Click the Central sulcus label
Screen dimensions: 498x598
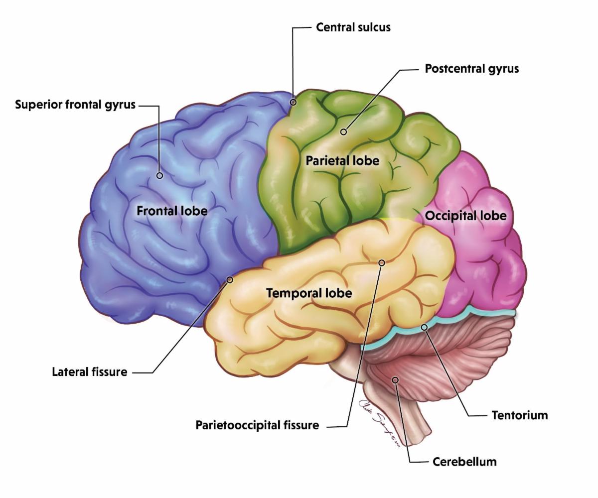[353, 27]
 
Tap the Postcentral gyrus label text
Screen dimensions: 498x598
[471, 69]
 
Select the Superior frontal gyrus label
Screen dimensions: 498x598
[75, 105]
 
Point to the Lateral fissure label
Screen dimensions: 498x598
[89, 372]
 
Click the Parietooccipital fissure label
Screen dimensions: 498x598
[257, 425]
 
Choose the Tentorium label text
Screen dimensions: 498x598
[519, 415]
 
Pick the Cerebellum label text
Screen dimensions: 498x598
[464, 461]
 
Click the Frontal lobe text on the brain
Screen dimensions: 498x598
[172, 211]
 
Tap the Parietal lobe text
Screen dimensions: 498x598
[342, 160]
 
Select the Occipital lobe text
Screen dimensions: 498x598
[465, 216]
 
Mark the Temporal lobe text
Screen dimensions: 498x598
[309, 293]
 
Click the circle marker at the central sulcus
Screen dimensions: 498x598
[294, 102]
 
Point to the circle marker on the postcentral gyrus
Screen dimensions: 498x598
[343, 132]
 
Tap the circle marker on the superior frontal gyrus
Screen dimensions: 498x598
[159, 175]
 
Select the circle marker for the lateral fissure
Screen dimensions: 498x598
[230, 280]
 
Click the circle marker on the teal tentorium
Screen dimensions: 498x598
[424, 327]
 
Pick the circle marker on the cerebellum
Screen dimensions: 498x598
[395, 380]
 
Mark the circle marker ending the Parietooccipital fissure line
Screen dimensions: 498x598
[382, 262]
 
